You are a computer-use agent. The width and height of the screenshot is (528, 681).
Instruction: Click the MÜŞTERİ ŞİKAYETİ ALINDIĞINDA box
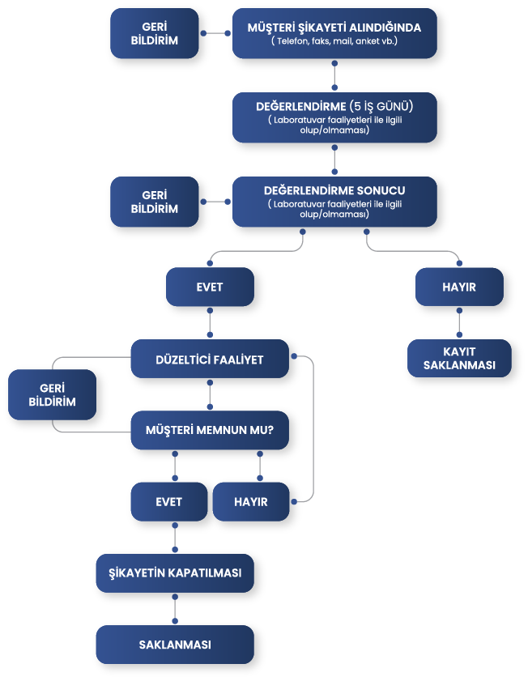click(334, 32)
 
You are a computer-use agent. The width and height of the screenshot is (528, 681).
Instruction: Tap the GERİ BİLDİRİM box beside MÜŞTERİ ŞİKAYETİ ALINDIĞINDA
click(154, 33)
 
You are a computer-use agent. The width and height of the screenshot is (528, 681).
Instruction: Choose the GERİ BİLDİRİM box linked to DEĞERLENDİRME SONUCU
click(154, 202)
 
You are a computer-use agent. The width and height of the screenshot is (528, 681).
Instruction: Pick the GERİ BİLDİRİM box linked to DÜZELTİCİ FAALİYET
click(51, 396)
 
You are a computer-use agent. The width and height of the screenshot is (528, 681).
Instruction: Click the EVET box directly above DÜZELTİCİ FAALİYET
click(210, 287)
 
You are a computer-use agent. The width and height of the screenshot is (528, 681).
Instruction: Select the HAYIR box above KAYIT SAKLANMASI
click(459, 287)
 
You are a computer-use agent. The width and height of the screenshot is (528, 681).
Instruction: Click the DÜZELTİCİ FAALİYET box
click(209, 360)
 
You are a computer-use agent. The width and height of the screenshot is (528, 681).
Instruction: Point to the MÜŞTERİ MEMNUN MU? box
click(209, 429)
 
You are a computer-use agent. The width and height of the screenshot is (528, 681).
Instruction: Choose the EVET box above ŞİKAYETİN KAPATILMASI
click(168, 502)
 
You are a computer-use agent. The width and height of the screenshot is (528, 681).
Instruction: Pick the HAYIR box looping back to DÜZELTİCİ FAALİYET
click(251, 502)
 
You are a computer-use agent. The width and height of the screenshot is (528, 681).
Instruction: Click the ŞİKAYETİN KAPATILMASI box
click(175, 572)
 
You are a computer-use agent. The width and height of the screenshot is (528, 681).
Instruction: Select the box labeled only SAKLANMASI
click(175, 645)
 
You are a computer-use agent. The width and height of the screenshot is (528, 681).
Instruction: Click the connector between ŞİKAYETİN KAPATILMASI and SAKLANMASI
click(175, 609)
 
